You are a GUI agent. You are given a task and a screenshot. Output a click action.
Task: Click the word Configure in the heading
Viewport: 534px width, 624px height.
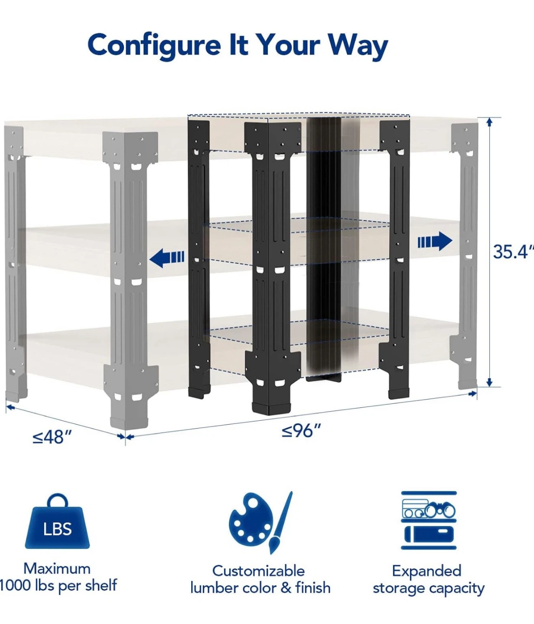pos(154,45)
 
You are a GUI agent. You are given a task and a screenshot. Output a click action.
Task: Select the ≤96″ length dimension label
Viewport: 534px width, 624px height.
pos(301,430)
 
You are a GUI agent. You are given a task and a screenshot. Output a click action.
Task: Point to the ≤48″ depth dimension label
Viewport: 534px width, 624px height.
pos(52,437)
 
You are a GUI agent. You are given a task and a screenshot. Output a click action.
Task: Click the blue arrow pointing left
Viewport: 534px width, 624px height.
pos(167,258)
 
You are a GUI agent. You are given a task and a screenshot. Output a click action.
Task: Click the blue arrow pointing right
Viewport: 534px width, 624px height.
pos(435,241)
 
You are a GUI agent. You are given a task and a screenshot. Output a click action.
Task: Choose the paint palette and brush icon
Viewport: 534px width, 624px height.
pos(260,523)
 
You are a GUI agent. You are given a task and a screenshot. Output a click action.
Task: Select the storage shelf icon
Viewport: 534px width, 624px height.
pos(429,520)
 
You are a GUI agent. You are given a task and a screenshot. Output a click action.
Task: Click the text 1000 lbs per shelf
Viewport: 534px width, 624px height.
pos(58,585)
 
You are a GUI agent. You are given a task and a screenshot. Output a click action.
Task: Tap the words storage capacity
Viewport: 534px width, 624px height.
pos(429,588)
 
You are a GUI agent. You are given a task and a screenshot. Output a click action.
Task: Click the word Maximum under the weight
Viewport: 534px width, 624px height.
pos(57,569)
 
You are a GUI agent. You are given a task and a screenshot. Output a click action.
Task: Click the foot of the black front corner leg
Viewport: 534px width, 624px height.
pos(272,407)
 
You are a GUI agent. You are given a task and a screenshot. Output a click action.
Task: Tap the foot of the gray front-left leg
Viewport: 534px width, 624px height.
pos(129,422)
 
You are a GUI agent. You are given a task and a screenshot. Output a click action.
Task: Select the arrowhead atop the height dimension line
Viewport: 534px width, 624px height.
pos(490,122)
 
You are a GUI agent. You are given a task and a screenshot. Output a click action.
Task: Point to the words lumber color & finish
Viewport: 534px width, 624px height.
pos(260,588)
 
